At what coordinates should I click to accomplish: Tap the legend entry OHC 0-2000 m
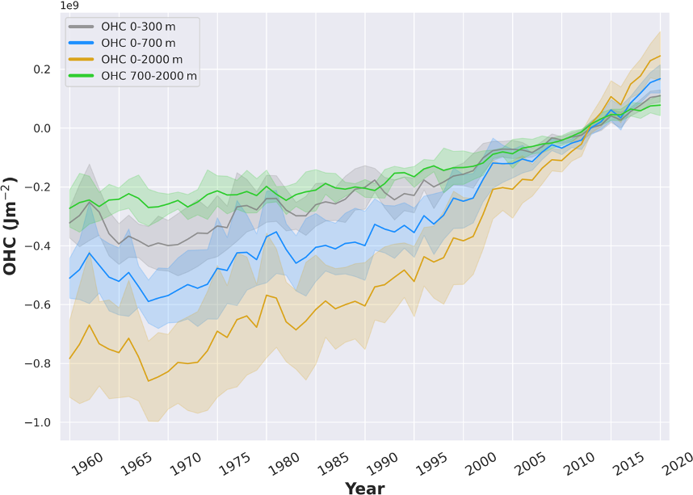[x=141, y=60]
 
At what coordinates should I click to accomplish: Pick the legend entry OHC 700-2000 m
[x=149, y=76]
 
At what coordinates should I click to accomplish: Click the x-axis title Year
[x=364, y=488]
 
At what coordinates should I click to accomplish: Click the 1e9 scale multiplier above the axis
[x=70, y=6]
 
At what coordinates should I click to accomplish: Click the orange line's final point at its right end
[x=660, y=56]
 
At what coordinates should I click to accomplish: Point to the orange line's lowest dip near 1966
[x=149, y=380]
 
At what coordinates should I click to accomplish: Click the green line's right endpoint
[x=660, y=104]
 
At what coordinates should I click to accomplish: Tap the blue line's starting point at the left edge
[x=69, y=279]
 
